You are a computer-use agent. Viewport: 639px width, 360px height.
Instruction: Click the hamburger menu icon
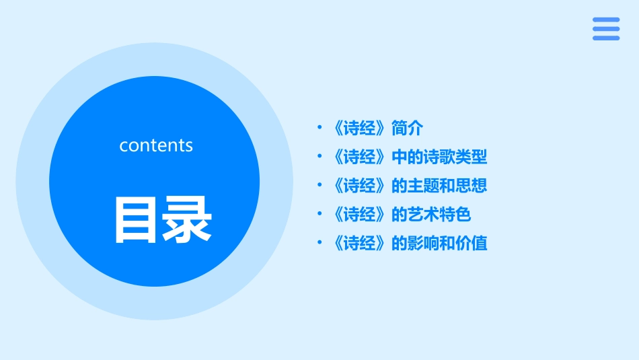click(606, 29)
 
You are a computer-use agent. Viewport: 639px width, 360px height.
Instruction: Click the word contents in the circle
click(156, 145)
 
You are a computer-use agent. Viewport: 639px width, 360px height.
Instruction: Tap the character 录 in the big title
click(188, 219)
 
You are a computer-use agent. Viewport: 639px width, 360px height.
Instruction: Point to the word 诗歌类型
click(455, 157)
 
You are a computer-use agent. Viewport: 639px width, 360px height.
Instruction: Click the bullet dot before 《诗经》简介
click(319, 128)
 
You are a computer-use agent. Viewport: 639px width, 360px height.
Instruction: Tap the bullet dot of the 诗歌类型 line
click(319, 157)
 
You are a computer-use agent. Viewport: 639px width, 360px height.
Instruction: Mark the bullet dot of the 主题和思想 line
click(319, 186)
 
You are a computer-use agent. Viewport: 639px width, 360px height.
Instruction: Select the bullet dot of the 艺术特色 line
click(319, 215)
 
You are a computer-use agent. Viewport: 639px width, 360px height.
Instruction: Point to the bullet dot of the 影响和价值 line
click(319, 244)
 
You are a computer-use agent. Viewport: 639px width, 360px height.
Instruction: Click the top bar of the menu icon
click(606, 20)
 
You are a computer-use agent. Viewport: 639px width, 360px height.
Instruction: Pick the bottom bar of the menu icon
click(606, 38)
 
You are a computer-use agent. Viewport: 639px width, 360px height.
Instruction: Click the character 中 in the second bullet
click(400, 157)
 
